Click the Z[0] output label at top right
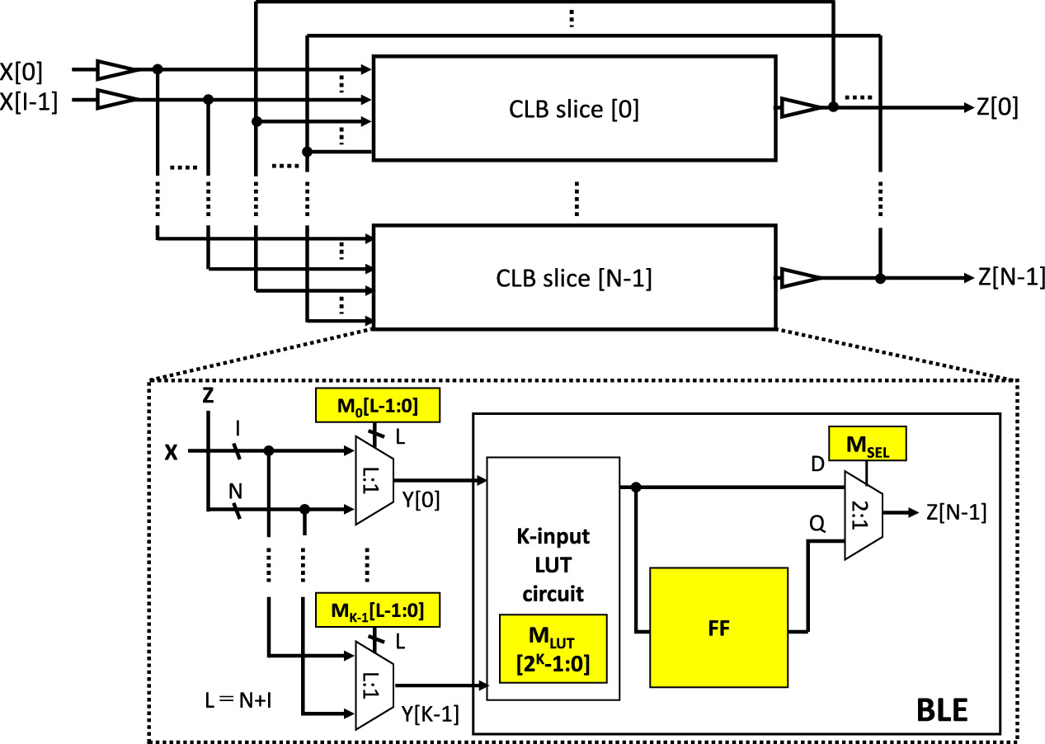[x=997, y=108]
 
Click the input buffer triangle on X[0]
[x=115, y=70]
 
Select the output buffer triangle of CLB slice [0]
[x=801, y=107]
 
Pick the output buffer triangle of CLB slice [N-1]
[x=801, y=279]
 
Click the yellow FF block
[x=718, y=627]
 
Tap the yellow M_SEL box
[x=867, y=444]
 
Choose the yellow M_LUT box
[x=553, y=648]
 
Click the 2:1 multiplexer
[x=863, y=514]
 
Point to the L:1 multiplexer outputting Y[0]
[x=374, y=481]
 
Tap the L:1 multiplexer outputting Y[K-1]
[x=374, y=685]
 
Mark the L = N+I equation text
[x=239, y=701]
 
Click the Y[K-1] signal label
[x=431, y=712]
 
